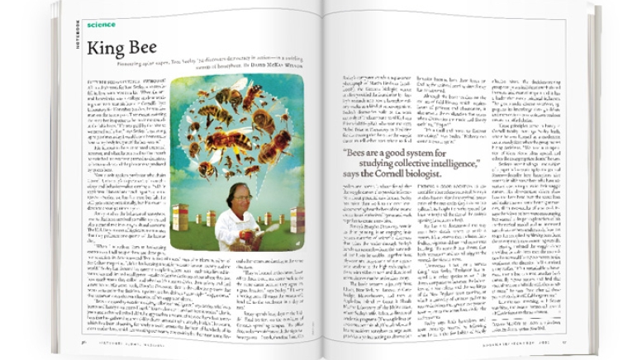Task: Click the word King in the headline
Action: click(x=106, y=50)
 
